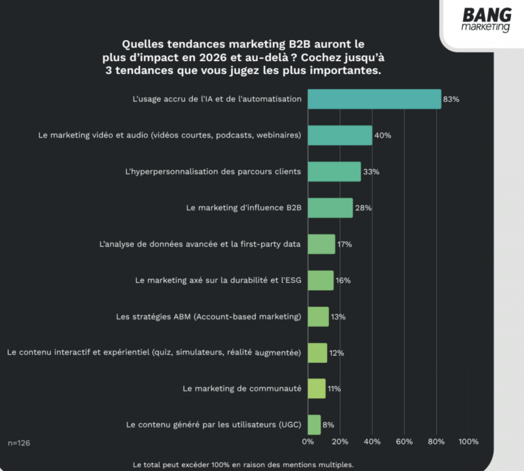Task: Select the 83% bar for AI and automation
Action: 374,99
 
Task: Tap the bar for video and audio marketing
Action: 340,135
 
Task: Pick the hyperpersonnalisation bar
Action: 334,172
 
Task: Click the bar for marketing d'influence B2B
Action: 330,208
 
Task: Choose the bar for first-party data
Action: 321,244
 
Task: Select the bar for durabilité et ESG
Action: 320,280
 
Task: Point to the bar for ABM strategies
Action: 318,317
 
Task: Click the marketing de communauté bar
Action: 316,389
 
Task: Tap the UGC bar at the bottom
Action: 314,425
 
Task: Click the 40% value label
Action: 383,136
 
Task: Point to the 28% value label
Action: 363,208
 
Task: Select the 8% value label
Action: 329,425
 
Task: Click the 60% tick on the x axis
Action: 404,442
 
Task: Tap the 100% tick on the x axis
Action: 469,442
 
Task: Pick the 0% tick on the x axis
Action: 308,442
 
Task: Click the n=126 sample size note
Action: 19,443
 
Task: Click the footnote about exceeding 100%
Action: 243,465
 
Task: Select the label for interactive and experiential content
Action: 154,352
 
